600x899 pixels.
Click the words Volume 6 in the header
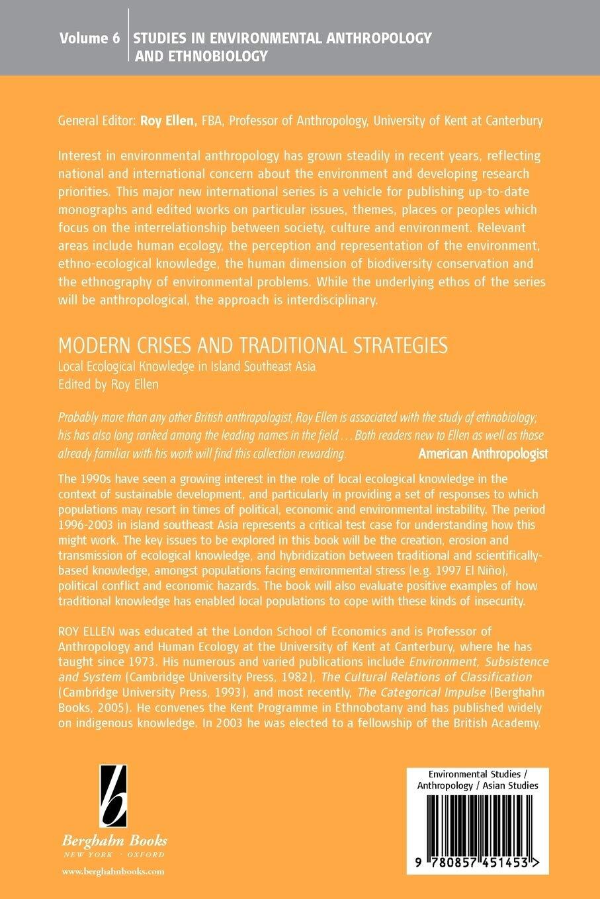coord(89,38)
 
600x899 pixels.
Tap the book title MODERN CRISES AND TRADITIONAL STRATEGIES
coord(253,345)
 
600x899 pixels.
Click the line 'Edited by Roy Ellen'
coord(108,384)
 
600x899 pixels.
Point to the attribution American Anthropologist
coord(484,453)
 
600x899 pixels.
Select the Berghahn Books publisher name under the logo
coord(114,841)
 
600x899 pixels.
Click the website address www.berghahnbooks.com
coord(113,872)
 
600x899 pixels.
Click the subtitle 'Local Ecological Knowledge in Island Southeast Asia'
coord(187,366)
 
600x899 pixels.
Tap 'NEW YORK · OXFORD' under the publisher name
coord(114,854)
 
